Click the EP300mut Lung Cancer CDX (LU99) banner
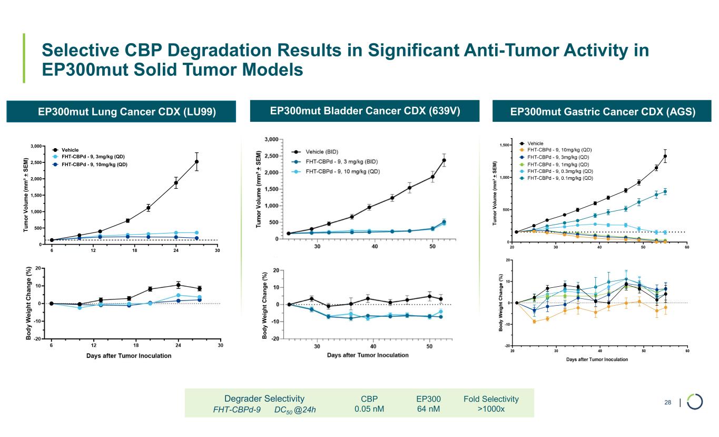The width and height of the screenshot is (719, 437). coord(121,112)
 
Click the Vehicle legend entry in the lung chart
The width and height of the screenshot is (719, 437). coord(70,150)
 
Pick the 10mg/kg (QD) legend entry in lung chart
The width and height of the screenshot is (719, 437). coord(94,164)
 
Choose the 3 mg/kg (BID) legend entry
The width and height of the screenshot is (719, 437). coord(340,161)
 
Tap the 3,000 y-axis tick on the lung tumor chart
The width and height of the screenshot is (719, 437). coord(40,146)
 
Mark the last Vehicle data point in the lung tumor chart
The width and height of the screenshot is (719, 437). coord(196,162)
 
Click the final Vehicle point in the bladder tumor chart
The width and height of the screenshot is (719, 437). coord(444,160)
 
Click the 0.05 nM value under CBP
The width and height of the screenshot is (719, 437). coord(369,409)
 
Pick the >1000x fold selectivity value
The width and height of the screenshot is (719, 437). coord(491,409)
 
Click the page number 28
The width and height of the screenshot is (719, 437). coord(667,403)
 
